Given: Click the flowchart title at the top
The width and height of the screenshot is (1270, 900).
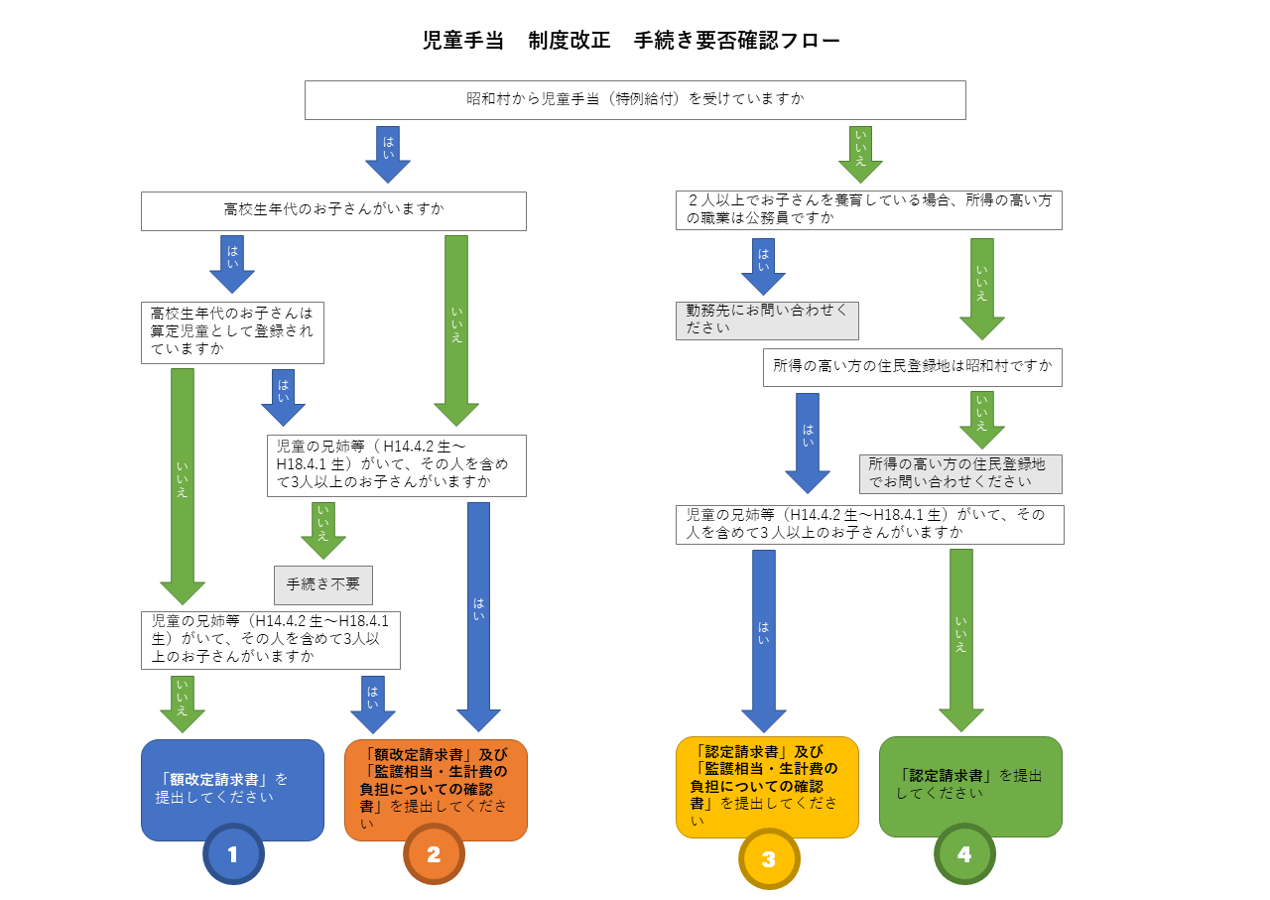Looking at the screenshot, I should [x=632, y=41].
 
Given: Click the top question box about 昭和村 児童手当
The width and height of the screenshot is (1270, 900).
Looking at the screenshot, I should [x=635, y=99].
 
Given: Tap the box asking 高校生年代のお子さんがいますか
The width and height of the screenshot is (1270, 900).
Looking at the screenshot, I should [x=333, y=210].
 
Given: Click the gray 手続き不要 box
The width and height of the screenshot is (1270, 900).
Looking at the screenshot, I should [x=323, y=584].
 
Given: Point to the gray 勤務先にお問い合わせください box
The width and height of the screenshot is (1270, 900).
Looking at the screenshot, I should [x=767, y=321].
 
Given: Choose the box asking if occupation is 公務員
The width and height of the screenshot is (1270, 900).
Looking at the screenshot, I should [x=869, y=209].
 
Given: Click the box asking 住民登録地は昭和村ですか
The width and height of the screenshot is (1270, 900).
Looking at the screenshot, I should [x=913, y=367].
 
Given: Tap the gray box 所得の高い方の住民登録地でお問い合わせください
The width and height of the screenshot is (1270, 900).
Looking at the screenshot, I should [x=960, y=473].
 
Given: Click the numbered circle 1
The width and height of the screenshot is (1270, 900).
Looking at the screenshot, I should [x=233, y=853].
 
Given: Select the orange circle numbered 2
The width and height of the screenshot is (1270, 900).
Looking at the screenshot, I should [x=434, y=853].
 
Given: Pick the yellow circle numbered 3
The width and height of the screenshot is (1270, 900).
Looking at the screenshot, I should [x=769, y=858].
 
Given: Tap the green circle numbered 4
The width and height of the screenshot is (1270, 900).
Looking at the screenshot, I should [x=964, y=853].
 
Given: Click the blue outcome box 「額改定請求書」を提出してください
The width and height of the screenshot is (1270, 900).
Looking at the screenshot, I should [x=232, y=789].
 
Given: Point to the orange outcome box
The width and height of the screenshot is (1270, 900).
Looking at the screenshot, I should [x=436, y=789].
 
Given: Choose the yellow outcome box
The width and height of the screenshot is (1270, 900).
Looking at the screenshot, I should [x=767, y=786].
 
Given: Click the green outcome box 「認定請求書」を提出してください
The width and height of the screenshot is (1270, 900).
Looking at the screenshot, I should [x=970, y=785].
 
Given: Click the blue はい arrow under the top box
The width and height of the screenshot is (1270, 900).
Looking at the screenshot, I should [x=388, y=154].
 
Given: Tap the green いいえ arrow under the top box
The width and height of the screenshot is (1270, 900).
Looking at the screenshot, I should [x=859, y=154].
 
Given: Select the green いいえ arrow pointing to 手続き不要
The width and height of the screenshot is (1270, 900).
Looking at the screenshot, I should [x=323, y=529].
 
